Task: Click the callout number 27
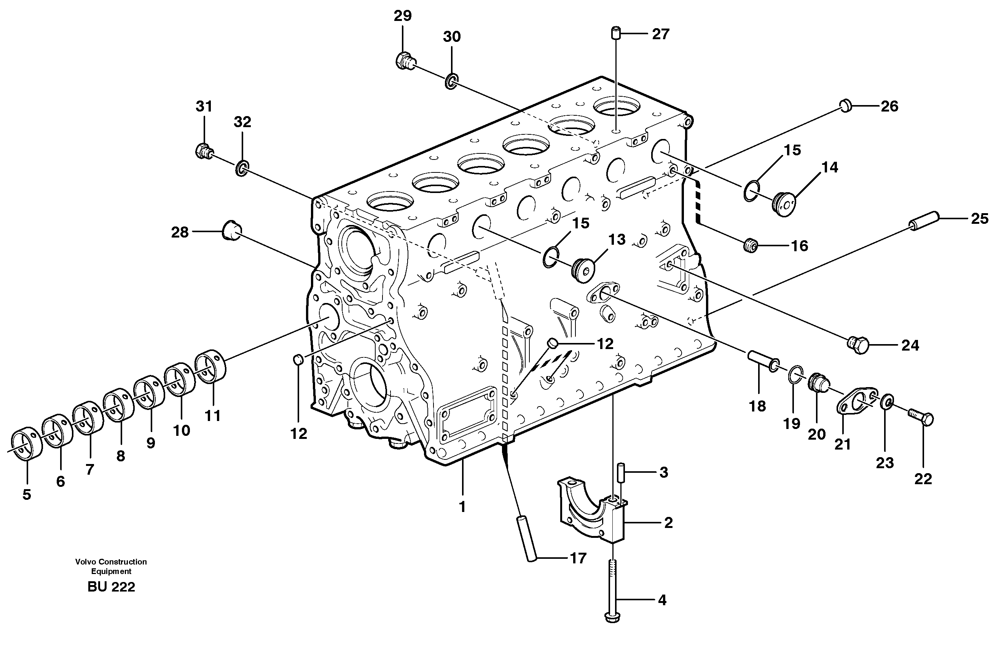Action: (660, 34)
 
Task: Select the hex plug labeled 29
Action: (404, 62)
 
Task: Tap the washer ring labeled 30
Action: (451, 81)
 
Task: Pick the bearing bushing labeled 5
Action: (26, 446)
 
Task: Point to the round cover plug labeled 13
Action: (583, 270)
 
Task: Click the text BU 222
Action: (111, 587)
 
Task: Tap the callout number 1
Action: (462, 507)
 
